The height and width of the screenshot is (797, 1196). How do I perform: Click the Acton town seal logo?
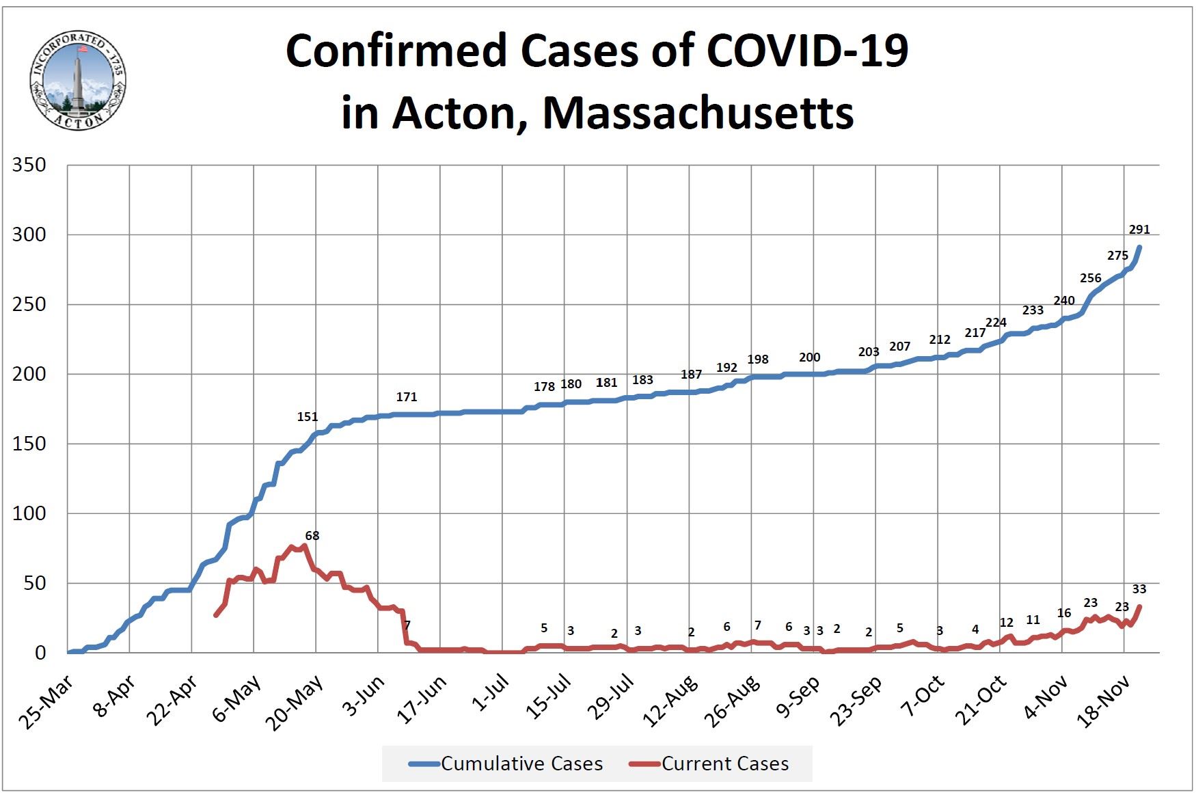pyautogui.click(x=77, y=81)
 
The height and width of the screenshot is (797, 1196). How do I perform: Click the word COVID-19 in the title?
pyautogui.click(x=806, y=51)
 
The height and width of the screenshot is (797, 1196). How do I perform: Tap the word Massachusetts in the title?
pyautogui.click(x=698, y=113)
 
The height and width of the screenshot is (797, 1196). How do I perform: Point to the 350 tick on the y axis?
pyautogui.click(x=29, y=165)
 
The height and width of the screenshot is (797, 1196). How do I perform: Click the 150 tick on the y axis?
pyautogui.click(x=29, y=444)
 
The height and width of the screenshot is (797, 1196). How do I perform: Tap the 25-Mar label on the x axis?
pyautogui.click(x=49, y=701)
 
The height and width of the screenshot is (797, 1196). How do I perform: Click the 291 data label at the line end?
pyautogui.click(x=1139, y=230)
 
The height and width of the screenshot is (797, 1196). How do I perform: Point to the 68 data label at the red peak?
pyautogui.click(x=312, y=536)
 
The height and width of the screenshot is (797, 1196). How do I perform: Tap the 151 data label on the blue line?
pyautogui.click(x=308, y=417)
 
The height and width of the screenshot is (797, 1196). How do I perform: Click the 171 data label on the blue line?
pyautogui.click(x=407, y=397)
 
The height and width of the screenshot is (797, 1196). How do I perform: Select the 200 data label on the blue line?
pyautogui.click(x=810, y=357)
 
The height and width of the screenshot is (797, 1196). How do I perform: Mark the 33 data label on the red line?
pyautogui.click(x=1139, y=589)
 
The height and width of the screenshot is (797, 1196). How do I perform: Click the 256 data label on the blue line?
pyautogui.click(x=1091, y=278)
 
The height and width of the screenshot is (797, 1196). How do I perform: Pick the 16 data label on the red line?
pyautogui.click(x=1064, y=613)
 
